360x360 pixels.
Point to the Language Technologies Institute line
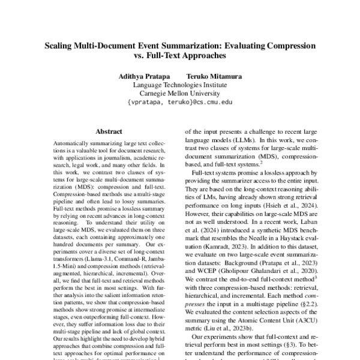180,85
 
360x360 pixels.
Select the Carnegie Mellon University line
180,94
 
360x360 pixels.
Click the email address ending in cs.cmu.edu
180,103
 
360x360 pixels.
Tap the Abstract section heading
109,131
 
